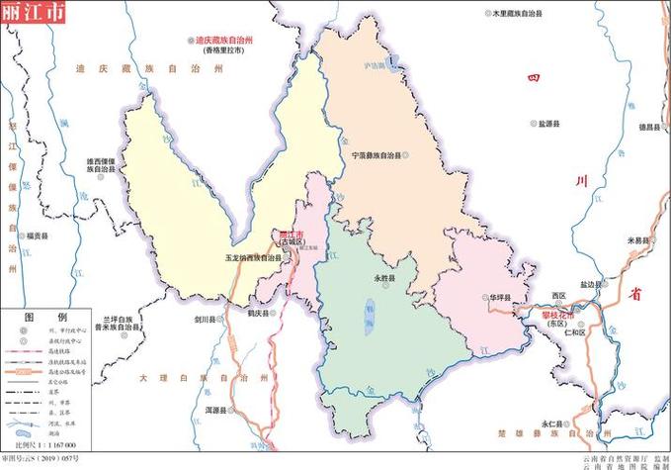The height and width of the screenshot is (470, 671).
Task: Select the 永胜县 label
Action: [384, 280]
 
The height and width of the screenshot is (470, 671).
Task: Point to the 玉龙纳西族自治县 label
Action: [253, 258]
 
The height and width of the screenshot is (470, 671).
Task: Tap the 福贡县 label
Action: [38, 235]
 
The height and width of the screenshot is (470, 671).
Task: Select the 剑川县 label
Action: [205, 320]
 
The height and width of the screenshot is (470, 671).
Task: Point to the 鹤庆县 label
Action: [259, 313]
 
